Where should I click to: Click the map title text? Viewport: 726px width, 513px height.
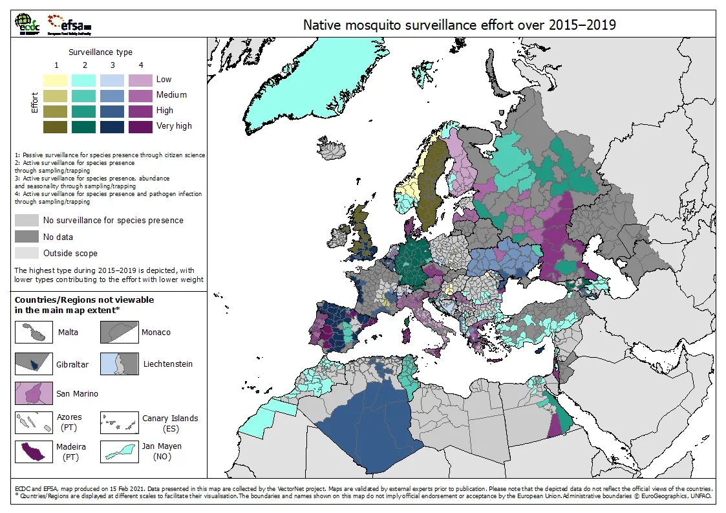click(460, 25)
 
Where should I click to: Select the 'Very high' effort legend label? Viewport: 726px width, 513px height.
click(174, 126)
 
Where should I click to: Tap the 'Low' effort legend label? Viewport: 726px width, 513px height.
click(164, 80)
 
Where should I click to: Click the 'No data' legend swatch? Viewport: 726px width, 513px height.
click(27, 237)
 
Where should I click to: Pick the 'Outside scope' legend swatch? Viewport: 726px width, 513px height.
click(27, 253)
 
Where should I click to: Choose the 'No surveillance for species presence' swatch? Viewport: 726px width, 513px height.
click(27, 221)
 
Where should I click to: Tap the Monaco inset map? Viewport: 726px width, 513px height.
click(119, 333)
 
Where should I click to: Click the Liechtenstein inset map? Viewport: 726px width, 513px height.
click(119, 364)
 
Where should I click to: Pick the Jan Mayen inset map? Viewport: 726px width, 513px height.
click(119, 451)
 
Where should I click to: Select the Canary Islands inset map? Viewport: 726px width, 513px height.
click(119, 423)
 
